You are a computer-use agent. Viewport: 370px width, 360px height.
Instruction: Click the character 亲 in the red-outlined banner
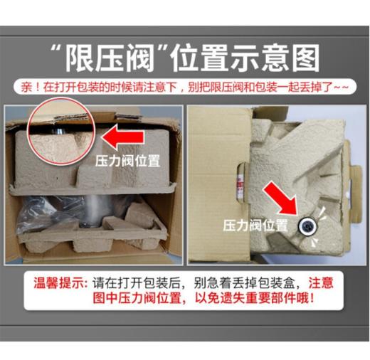pyautogui.click(x=27, y=89)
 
